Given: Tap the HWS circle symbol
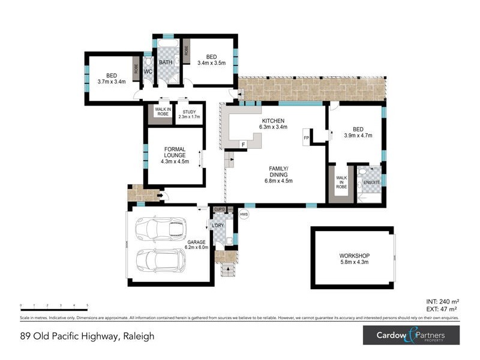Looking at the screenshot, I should coord(244,214).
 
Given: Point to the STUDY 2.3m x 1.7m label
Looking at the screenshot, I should coord(190,114).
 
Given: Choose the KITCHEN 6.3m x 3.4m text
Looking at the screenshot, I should coord(273,124).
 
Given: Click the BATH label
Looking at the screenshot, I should coord(166,62).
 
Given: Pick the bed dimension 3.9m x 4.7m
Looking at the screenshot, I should coord(358,136).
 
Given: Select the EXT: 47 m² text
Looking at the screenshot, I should coord(441,310).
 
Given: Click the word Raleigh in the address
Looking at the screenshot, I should coord(139,336).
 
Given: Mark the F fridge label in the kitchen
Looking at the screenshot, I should coord(243,145).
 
